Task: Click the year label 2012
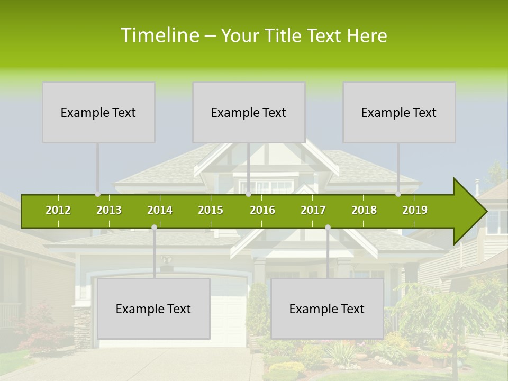tap(58, 210)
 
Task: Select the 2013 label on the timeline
tap(109, 210)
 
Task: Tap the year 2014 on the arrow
tap(160, 210)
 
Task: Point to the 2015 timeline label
tap(211, 210)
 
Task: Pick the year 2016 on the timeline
tap(262, 210)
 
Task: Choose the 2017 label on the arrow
tap(313, 210)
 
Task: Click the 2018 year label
tap(364, 210)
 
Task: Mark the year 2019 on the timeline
tap(415, 210)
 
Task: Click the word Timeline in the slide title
tap(159, 35)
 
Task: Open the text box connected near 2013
tap(98, 112)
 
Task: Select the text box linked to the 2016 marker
tap(249, 112)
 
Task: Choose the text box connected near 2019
tap(399, 112)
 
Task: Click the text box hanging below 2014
tap(153, 309)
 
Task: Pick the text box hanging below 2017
tap(327, 309)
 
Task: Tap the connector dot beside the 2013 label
tap(97, 194)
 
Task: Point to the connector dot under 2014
tap(154, 228)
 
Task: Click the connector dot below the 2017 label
tap(328, 228)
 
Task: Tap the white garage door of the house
tap(228, 317)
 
